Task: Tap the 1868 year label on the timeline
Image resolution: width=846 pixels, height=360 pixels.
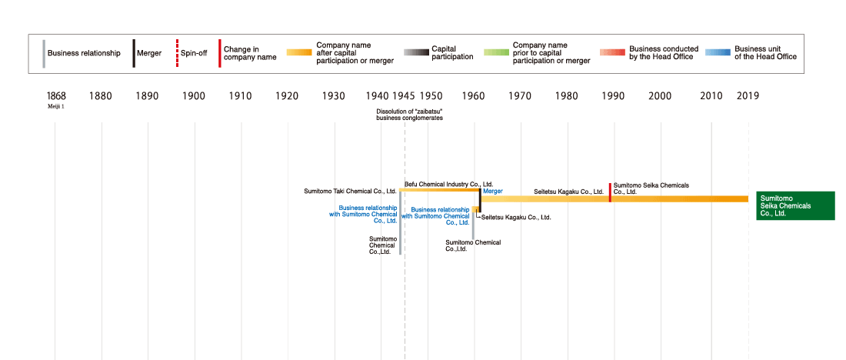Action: coord(56,96)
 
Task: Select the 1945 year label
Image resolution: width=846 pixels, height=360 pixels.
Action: coord(404,96)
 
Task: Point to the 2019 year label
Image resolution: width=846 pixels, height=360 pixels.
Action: coord(748,96)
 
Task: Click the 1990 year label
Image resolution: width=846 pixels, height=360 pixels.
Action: coord(613,96)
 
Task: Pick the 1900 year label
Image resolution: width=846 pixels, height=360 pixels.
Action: coord(194,96)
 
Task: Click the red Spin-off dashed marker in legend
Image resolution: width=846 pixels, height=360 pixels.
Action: coord(178,53)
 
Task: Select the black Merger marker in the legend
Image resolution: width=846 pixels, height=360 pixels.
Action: coord(134,53)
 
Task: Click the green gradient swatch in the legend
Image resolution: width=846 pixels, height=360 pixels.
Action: coord(496,53)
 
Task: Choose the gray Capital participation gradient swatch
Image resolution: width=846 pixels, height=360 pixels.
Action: coord(415,53)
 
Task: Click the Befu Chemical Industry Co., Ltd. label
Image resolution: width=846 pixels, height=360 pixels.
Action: coord(448,185)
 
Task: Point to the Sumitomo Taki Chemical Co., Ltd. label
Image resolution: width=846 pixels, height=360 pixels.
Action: coord(350,191)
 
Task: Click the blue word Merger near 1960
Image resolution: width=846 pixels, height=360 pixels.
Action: coord(492,191)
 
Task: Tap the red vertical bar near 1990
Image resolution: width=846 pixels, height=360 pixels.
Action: coord(610,192)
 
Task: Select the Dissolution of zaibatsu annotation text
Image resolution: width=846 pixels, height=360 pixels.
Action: coord(409,115)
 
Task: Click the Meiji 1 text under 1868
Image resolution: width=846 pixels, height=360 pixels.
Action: coord(56,107)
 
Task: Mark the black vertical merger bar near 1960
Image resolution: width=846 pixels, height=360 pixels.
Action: coord(480,200)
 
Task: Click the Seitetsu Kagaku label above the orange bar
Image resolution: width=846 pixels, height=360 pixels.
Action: coord(568,191)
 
